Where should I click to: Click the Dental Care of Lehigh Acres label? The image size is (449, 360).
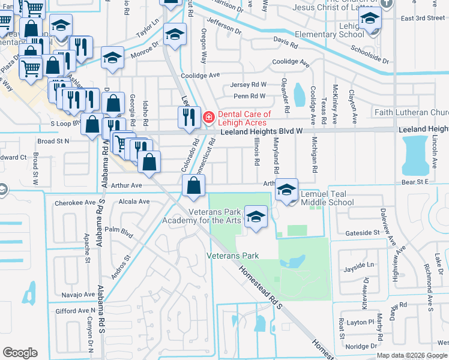244,118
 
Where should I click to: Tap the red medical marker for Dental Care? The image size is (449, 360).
208,118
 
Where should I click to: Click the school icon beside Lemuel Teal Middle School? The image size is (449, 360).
287,190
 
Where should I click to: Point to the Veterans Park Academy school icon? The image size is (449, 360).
256,217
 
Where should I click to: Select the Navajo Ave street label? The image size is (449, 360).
78,295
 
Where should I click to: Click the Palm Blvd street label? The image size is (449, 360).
118,229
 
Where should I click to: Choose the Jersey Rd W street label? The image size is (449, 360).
250,85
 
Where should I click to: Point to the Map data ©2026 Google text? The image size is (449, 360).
411,355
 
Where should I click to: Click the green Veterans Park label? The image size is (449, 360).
233,256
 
